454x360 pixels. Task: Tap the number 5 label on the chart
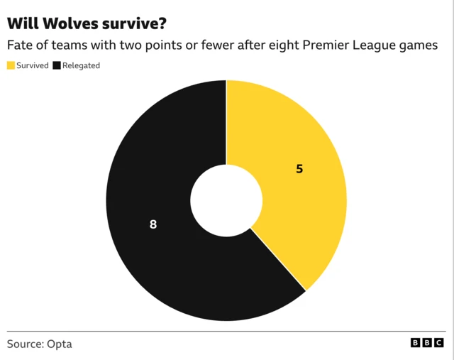(x=299, y=170)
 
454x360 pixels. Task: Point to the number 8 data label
(x=153, y=224)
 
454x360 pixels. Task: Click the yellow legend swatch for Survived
(x=11, y=65)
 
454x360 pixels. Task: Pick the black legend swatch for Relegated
(x=56, y=65)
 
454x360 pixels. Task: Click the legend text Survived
(x=32, y=65)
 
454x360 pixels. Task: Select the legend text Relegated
(x=81, y=65)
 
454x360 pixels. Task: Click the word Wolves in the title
(x=72, y=23)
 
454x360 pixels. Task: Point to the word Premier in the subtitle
(x=326, y=45)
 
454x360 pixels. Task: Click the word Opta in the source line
(x=60, y=344)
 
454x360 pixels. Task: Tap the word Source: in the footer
(x=26, y=344)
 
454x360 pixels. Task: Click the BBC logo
(x=426, y=343)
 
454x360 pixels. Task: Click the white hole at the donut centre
(x=226, y=201)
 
